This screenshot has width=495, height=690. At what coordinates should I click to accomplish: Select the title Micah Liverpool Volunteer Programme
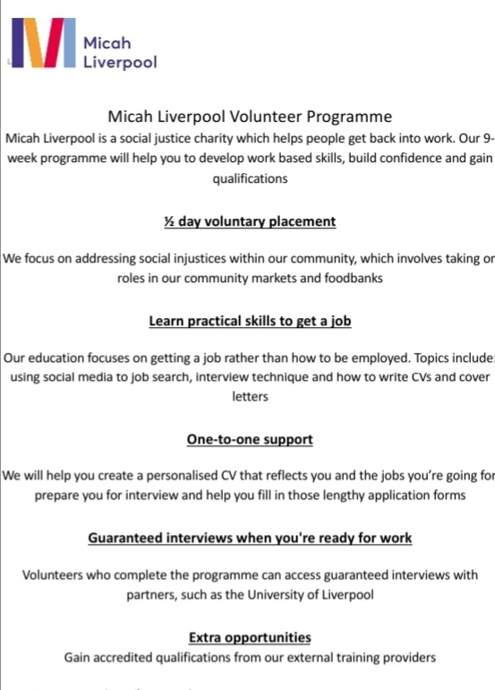[x=249, y=116]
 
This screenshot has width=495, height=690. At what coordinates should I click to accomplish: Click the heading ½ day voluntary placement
[x=250, y=220]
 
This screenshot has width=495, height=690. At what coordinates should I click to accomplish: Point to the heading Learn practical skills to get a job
[x=249, y=320]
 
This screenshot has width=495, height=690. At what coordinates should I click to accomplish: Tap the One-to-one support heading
[x=250, y=439]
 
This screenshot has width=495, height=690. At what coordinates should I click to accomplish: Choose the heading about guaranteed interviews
[x=250, y=538]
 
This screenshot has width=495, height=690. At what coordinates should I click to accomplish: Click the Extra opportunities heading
[x=250, y=637]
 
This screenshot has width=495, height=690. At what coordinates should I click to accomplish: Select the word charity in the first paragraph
[x=235, y=138]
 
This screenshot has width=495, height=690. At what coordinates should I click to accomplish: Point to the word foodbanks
[x=353, y=279]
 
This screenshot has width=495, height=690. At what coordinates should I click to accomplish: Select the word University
[x=346, y=593]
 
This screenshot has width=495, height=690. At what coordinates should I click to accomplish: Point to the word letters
[x=250, y=397]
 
